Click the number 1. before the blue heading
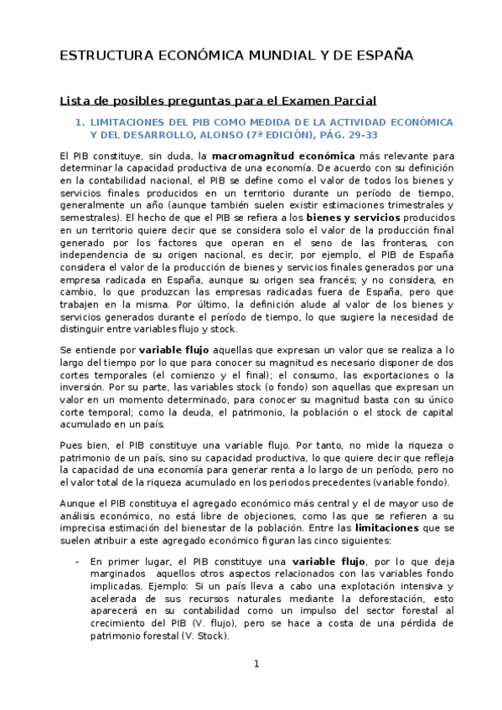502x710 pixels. [80, 121]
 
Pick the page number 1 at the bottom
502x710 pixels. [257, 664]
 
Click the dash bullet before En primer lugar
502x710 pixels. [77, 561]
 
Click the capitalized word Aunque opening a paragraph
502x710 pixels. [77, 504]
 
